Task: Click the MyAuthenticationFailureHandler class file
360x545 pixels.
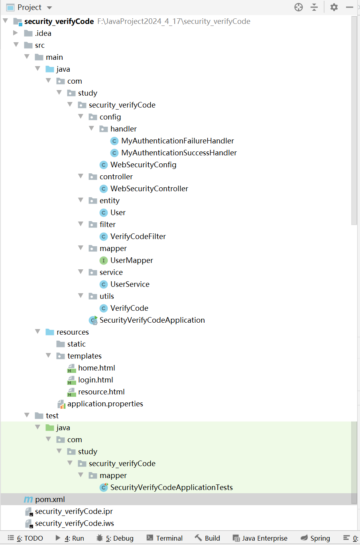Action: point(177,141)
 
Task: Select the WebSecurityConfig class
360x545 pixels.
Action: point(143,165)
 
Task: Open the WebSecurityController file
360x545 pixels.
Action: point(149,188)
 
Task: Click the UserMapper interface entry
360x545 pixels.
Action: point(132,260)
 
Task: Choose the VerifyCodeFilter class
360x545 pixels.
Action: point(138,236)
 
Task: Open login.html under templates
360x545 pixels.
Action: point(95,380)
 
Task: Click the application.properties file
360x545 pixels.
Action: point(105,404)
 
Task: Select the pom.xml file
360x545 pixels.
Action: point(49,499)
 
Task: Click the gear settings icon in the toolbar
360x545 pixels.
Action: point(334,7)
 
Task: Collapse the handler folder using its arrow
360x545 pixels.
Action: point(91,128)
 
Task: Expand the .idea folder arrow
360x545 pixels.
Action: point(16,33)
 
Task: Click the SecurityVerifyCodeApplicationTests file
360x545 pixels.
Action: point(171,487)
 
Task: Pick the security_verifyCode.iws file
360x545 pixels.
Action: point(74,523)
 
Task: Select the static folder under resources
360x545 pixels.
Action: point(76,344)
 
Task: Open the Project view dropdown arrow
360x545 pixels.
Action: point(49,8)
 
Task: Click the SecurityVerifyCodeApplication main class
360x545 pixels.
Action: point(152,320)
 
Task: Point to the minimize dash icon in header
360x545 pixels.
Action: point(350,7)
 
